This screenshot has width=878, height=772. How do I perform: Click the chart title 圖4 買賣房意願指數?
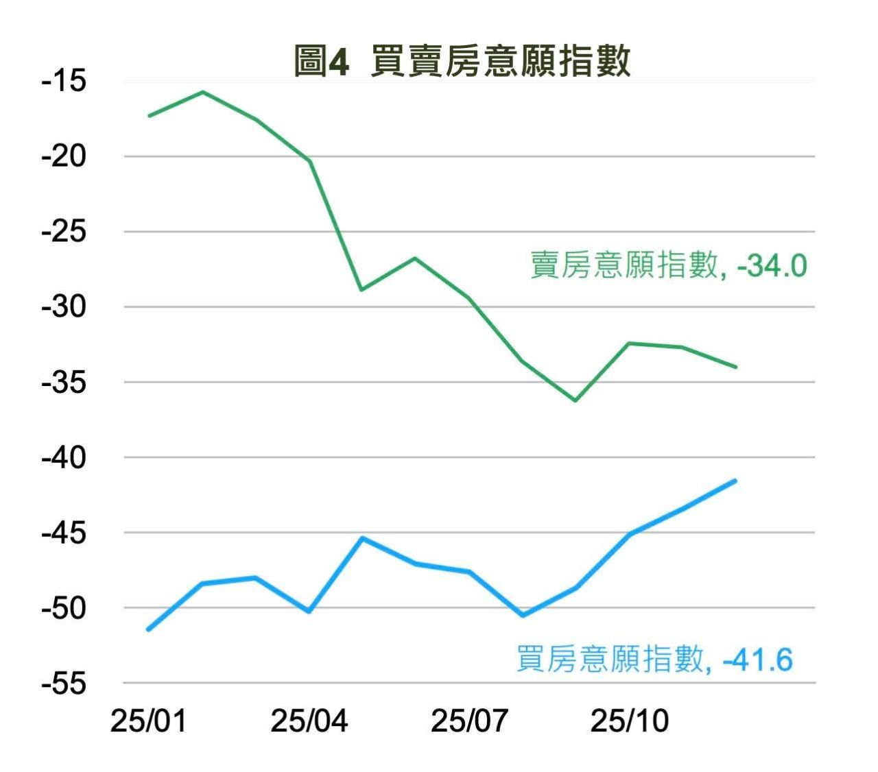click(462, 61)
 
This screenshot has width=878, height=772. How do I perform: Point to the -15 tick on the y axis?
click(64, 82)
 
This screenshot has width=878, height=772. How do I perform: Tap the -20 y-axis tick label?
click(64, 157)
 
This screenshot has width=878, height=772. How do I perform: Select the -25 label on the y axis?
click(64, 232)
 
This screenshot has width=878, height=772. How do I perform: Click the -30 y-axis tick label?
click(64, 307)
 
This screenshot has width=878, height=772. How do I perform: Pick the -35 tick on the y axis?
click(64, 383)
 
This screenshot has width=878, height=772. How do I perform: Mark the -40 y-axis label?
click(64, 457)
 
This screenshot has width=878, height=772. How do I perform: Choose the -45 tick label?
click(64, 533)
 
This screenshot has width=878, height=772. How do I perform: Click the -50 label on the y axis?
click(64, 608)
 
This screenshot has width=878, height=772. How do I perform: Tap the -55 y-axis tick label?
click(64, 684)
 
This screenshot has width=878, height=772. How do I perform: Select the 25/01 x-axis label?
click(148, 721)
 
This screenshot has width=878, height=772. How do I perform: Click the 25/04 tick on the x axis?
click(309, 721)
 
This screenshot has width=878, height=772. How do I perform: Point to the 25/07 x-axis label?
click(469, 721)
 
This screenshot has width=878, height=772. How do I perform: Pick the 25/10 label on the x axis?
click(630, 721)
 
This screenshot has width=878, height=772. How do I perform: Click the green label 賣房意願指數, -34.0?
click(669, 265)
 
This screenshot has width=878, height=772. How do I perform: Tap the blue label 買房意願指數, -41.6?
click(654, 660)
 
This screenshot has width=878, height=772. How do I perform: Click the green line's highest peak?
click(202, 92)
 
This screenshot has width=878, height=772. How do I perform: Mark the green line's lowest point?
click(575, 400)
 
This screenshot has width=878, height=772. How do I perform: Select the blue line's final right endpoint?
click(735, 481)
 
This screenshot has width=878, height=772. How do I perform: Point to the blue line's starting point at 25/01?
click(149, 629)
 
